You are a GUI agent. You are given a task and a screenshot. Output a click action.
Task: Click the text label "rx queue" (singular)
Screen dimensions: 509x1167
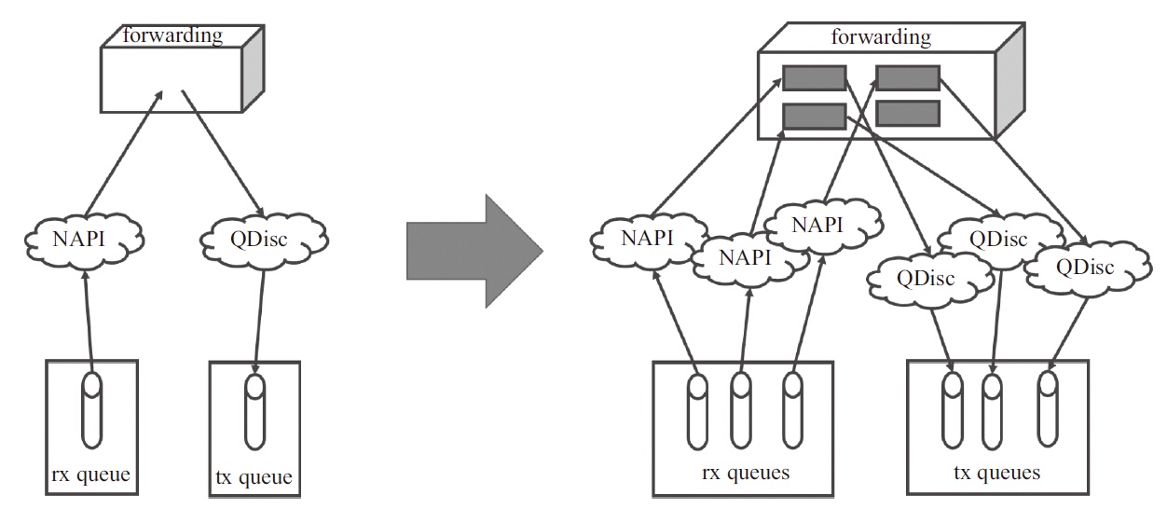pos(89,477)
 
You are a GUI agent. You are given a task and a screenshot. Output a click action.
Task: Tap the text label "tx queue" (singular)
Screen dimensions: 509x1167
pos(254,478)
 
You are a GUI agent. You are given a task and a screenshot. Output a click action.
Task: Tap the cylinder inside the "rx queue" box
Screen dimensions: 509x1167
pos(91,409)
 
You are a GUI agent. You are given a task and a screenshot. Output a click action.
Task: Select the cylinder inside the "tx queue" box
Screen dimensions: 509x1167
pos(254,411)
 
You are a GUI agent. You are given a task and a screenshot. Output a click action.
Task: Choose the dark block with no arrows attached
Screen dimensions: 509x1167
pos(908,113)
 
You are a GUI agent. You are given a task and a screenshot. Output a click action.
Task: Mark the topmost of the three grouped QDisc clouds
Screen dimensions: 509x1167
pos(997,239)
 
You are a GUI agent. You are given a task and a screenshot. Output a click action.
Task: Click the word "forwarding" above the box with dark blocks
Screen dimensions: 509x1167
pos(880,37)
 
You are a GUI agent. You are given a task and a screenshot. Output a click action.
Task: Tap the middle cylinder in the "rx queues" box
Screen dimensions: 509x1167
pos(741,410)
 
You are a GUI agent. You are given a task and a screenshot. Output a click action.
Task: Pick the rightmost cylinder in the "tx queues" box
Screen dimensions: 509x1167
pos(1048,407)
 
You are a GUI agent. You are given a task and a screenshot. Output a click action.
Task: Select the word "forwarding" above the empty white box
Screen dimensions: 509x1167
pos(172,35)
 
